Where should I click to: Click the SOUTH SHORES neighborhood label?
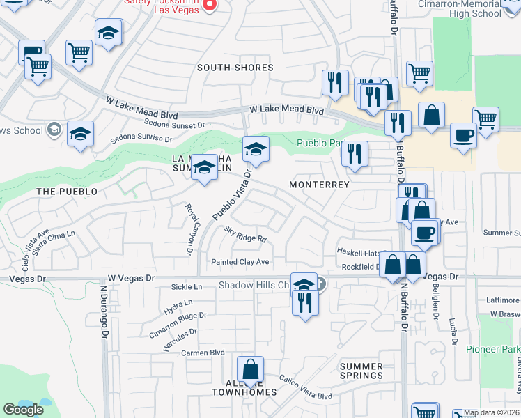235,68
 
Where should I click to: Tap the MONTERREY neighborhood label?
319,184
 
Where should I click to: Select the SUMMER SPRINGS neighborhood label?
361,371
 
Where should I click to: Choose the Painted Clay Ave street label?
240,262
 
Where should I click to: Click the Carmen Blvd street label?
203,353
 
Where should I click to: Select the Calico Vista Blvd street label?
306,387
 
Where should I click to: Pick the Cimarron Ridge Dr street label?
178,325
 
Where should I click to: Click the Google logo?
23,409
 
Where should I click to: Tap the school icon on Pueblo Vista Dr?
256,148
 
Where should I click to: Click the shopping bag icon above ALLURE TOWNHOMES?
250,369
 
